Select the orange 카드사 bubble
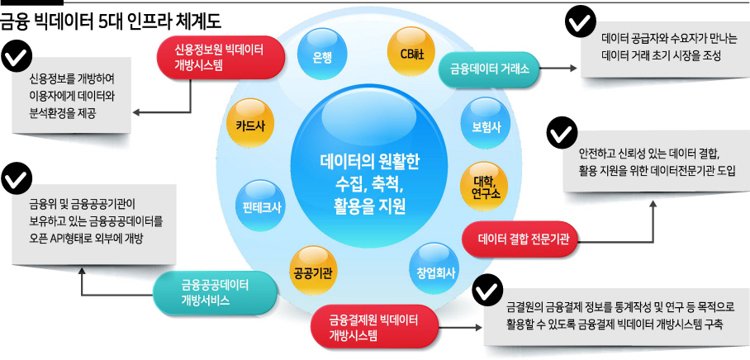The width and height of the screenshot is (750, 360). pos(249,124)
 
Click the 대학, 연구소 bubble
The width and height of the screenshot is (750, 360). pos(484,186)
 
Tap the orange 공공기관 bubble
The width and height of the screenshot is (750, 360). pos(313,271)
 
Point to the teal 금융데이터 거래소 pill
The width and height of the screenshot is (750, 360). pos(489,69)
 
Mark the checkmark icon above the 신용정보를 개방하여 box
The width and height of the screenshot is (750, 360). pos(17,57)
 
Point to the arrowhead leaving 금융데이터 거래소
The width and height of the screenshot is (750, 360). pos(573,68)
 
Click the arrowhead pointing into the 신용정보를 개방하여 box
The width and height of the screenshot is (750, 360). pos(135,112)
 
